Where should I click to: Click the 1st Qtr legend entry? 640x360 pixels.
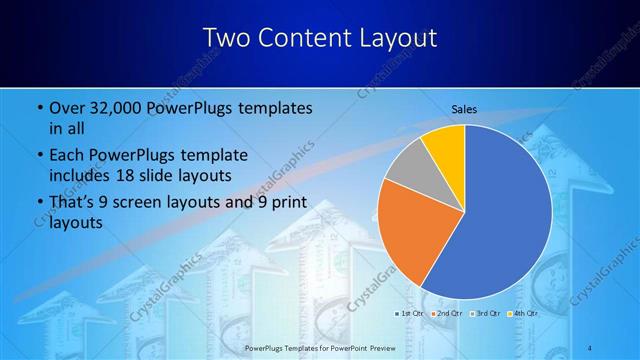coord(411,314)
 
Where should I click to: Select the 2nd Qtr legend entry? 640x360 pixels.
coord(448,314)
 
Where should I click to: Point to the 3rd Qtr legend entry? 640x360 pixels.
coord(486,314)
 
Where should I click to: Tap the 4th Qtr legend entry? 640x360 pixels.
coord(524,314)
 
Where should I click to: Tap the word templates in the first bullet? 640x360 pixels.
coord(270,108)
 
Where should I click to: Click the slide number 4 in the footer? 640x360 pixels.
coord(590,347)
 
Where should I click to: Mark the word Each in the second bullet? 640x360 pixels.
coord(65,156)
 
